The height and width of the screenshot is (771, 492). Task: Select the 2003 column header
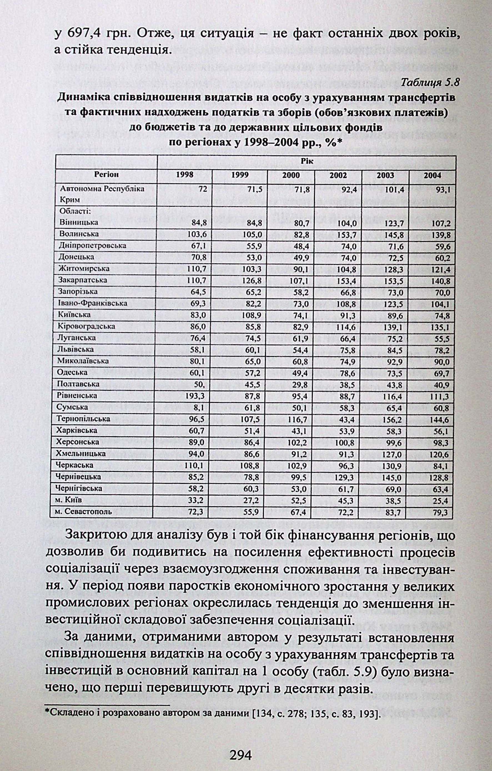click(385, 175)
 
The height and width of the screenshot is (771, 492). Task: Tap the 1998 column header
click(185, 175)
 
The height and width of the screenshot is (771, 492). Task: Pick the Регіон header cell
click(106, 175)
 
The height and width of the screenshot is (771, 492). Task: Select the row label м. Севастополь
click(84, 511)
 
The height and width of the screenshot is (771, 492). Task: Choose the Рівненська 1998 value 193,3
click(195, 396)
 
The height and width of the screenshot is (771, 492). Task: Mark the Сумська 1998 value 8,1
click(199, 408)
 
